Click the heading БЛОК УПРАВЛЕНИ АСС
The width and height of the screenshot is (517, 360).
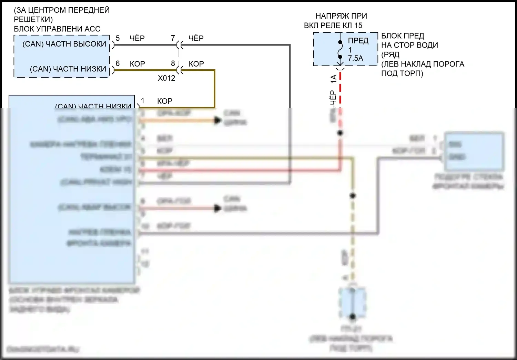pyautogui.click(x=57, y=29)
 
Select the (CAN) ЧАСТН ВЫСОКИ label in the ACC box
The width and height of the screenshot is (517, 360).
pyautogui.click(x=64, y=44)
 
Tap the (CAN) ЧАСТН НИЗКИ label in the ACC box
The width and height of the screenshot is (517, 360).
pyautogui.click(x=68, y=69)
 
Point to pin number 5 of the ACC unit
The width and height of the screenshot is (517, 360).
pyautogui.click(x=118, y=38)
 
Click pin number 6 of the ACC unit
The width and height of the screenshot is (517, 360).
pyautogui.click(x=118, y=63)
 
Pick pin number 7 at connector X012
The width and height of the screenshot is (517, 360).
pyautogui.click(x=173, y=38)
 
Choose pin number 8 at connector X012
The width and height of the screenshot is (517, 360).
pyautogui.click(x=173, y=63)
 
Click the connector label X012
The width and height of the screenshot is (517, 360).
pyautogui.click(x=166, y=78)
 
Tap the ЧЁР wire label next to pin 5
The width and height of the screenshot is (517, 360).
pyautogui.click(x=137, y=38)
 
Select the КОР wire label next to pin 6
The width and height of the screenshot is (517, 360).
pyautogui.click(x=137, y=64)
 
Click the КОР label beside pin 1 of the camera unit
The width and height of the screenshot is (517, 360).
pyautogui.click(x=165, y=101)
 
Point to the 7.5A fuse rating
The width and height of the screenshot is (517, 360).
pyautogui.click(x=356, y=58)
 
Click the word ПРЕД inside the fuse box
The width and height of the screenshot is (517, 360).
pyautogui.click(x=358, y=41)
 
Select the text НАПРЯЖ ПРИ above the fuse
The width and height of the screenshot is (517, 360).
pyautogui.click(x=341, y=16)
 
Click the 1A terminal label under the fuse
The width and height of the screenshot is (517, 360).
pyautogui.click(x=333, y=79)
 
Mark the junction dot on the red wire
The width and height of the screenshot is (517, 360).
pyautogui.click(x=340, y=133)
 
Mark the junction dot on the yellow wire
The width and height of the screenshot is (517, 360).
pyautogui.click(x=353, y=196)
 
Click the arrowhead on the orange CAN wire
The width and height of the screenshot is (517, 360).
pyautogui.click(x=217, y=120)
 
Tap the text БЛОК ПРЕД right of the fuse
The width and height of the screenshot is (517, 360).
pyautogui.click(x=403, y=36)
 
